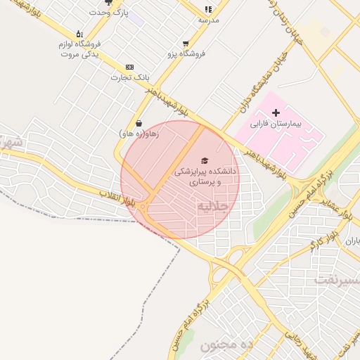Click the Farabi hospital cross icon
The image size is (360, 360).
click(276, 112)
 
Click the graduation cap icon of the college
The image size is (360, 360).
click(205, 160)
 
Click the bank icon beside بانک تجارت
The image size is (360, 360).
click(129, 66)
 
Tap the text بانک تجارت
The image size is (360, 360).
click(126, 77)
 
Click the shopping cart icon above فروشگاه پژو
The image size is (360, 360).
click(186, 43)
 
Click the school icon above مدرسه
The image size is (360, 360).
click(208, 9)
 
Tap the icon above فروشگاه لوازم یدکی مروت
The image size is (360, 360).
click(79, 33)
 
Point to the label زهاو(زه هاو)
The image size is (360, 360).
click(139, 133)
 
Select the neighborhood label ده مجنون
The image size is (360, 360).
click(226, 345)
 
